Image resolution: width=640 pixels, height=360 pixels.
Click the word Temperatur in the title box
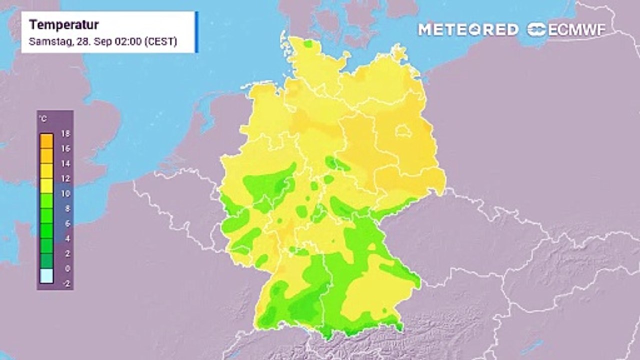click(63, 25)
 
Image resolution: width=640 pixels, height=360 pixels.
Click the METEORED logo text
click(468, 29)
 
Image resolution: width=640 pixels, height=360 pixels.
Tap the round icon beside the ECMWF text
click(536, 29)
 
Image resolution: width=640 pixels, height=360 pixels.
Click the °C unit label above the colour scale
click(43, 119)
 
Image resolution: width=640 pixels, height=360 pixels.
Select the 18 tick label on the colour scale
click(64, 133)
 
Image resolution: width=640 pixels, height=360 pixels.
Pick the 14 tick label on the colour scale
click(64, 163)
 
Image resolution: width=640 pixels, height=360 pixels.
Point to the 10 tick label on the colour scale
click(64, 193)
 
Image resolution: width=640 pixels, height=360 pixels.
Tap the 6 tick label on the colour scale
click(64, 223)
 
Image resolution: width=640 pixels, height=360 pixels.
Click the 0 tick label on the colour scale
click(64, 268)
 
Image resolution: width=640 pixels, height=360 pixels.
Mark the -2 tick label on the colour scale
click(64, 283)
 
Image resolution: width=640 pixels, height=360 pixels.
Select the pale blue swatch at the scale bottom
click(46, 276)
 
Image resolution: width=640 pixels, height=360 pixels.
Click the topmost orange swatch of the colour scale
click(46, 141)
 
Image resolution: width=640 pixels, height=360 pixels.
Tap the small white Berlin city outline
click(404, 131)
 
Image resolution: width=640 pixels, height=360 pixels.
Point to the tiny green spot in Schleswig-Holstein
click(308, 44)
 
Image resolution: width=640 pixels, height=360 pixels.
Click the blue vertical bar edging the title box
click(196, 32)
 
